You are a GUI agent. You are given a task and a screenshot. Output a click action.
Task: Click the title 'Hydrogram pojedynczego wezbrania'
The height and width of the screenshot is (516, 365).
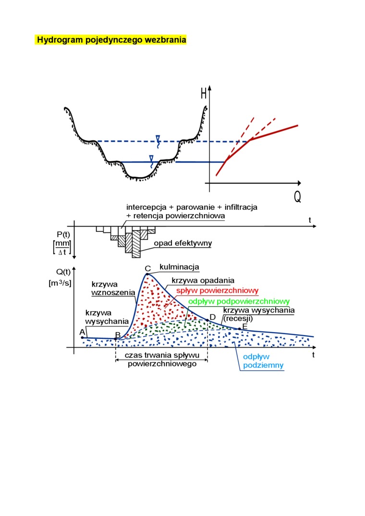click(x=111, y=40)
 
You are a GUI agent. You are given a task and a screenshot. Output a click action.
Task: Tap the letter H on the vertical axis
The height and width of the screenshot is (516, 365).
click(x=204, y=94)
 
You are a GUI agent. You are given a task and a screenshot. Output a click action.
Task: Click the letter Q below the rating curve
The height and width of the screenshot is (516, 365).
click(x=297, y=197)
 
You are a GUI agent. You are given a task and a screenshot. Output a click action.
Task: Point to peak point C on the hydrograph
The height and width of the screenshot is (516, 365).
click(x=147, y=274)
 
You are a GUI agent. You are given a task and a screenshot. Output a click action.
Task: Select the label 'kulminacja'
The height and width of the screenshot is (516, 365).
click(x=179, y=267)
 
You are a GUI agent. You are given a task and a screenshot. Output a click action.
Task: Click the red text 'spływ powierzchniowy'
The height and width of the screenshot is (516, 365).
click(x=217, y=290)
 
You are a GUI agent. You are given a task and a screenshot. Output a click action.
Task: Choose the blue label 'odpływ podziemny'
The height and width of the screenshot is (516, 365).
click(x=263, y=361)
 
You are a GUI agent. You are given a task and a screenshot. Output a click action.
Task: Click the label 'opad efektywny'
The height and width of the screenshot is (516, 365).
click(x=183, y=243)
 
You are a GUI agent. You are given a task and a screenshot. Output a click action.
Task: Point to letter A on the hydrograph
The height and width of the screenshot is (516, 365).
click(x=82, y=332)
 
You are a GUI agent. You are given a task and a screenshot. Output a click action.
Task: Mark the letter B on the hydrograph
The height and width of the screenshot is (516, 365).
click(x=118, y=335)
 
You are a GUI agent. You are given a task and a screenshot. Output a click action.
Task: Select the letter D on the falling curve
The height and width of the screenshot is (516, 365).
click(x=213, y=317)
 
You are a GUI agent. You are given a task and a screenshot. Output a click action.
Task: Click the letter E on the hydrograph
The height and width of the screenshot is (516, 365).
click(x=244, y=327)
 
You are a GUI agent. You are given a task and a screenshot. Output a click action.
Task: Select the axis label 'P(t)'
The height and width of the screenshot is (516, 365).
click(x=63, y=234)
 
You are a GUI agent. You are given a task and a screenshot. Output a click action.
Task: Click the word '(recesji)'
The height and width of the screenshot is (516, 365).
click(x=238, y=318)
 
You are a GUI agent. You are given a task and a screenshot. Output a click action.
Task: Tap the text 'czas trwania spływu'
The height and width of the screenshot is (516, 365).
click(x=161, y=356)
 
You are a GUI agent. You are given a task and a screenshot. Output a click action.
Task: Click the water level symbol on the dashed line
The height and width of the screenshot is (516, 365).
click(x=158, y=139)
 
